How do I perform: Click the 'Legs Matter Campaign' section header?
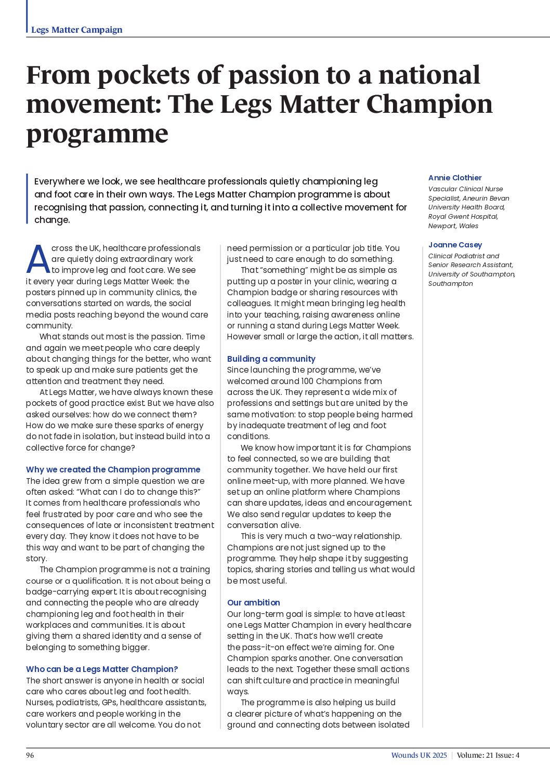pyautogui.click(x=76, y=30)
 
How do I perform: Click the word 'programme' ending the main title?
pyautogui.click(x=97, y=134)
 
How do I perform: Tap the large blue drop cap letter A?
pyautogui.click(x=38, y=260)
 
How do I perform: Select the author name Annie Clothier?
pyautogui.click(x=455, y=178)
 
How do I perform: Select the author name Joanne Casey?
pyautogui.click(x=455, y=245)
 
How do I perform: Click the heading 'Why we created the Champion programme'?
pyautogui.click(x=113, y=469)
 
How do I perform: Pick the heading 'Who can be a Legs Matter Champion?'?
pyautogui.click(x=102, y=669)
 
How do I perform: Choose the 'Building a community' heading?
pyautogui.click(x=271, y=359)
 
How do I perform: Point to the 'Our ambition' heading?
pyautogui.click(x=253, y=602)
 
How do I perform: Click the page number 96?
pyautogui.click(x=30, y=755)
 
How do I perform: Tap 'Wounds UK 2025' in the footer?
pyautogui.click(x=418, y=755)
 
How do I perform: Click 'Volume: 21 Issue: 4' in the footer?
pyautogui.click(x=488, y=755)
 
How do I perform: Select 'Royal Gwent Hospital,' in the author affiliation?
pyautogui.click(x=463, y=216)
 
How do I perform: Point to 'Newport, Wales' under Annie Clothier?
pyautogui.click(x=453, y=226)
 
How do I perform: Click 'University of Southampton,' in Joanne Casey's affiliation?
pyautogui.click(x=472, y=274)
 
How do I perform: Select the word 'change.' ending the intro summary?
pyautogui.click(x=52, y=220)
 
